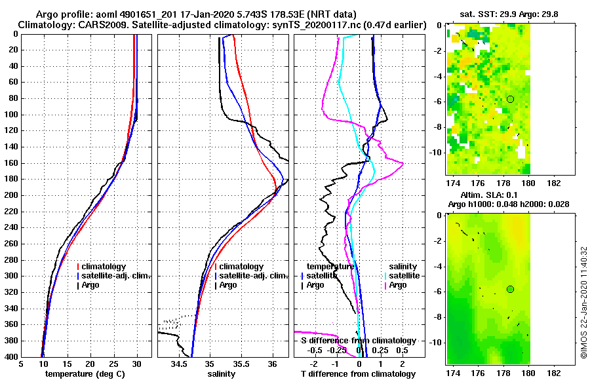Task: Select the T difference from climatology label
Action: (x=358, y=374)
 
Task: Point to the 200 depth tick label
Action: (x=11, y=195)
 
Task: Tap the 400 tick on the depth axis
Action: (x=11, y=357)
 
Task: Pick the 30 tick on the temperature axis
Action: (x=137, y=364)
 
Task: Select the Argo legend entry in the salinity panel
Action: (x=228, y=285)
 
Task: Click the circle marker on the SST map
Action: (x=510, y=99)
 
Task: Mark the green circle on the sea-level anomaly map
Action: (x=510, y=289)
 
